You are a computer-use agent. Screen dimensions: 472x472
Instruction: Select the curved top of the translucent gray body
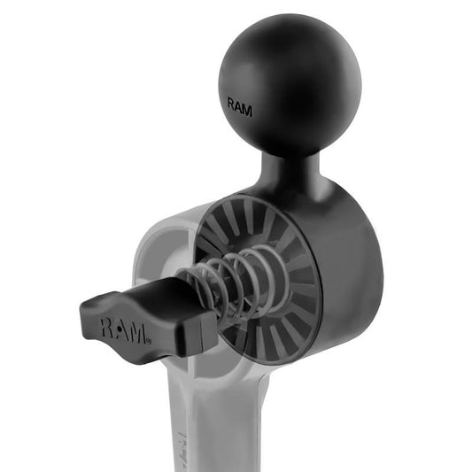[x=177, y=221]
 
